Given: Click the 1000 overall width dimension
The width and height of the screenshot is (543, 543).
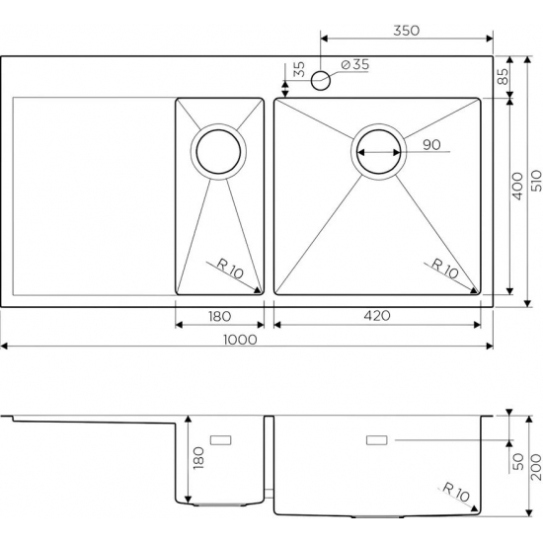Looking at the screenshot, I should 240,339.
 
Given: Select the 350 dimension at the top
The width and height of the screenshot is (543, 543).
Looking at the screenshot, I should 407,31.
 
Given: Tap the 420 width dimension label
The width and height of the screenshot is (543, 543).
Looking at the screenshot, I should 379,316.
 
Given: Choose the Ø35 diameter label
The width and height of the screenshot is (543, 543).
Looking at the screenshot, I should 354,65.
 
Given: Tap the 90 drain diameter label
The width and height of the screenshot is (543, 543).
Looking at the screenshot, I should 430,145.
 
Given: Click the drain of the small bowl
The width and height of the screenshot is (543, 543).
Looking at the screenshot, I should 218,151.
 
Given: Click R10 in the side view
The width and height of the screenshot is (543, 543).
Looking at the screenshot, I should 456,490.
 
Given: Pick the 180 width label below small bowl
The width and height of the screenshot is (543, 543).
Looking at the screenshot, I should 219,316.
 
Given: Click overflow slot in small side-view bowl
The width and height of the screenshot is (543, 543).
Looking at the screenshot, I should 220,437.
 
